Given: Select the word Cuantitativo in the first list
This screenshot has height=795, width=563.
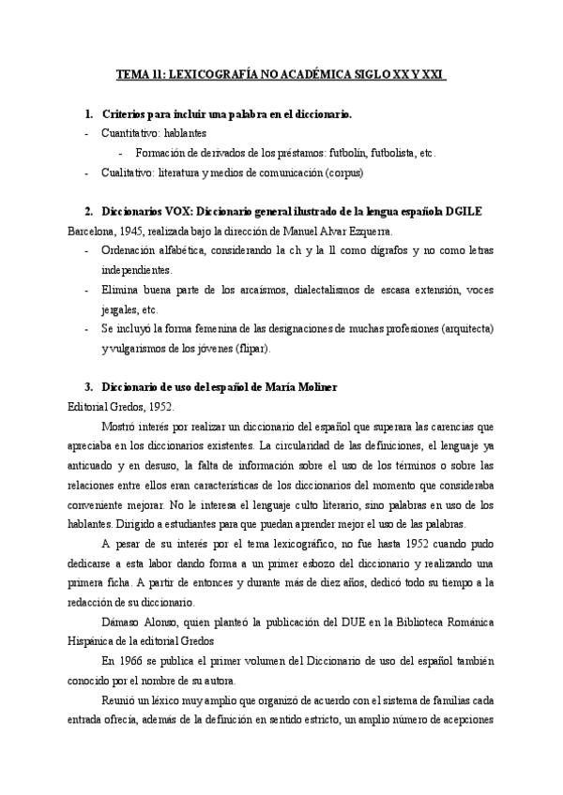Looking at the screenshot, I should tap(129, 133).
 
